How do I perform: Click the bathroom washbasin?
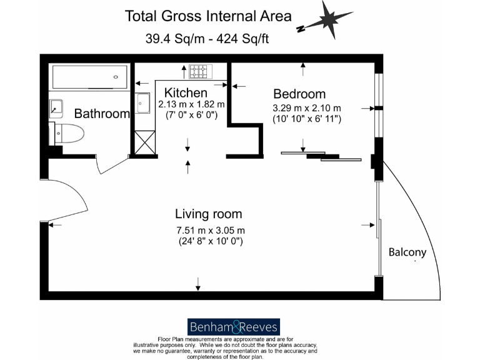click(57, 107)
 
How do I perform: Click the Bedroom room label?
click(299, 94)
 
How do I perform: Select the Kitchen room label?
click(186, 93)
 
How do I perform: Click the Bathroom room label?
click(102, 114)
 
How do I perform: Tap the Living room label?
click(209, 214)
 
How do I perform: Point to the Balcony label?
click(407, 252)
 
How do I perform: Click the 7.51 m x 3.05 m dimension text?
click(210, 229)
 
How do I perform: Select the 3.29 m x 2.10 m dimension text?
click(306, 107)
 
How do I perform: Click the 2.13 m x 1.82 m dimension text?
click(191, 104)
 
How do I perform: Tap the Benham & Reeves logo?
click(234, 327)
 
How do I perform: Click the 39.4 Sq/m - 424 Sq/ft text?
click(209, 38)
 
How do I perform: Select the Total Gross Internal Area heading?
click(209, 16)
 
